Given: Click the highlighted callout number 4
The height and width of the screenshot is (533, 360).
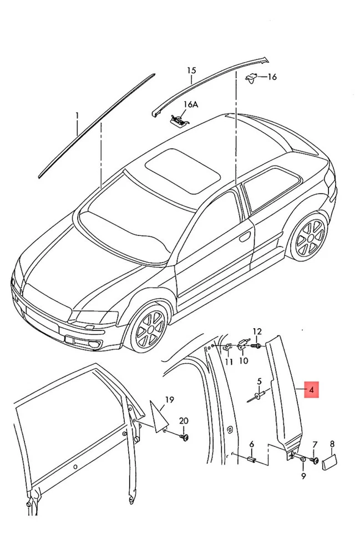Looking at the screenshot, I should point(312,391).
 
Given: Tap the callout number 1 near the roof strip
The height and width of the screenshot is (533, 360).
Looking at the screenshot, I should point(77,116).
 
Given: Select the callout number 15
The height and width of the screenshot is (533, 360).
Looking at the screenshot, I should point(191,71).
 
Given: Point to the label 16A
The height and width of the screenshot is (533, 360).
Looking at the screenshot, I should point(175,104).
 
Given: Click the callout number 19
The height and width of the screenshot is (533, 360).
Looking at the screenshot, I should point(169,399).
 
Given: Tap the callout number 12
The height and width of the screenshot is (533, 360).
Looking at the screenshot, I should point(257,331).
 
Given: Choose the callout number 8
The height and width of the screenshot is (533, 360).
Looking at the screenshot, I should point(332,443).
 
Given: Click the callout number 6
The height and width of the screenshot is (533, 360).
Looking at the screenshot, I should point(251,444).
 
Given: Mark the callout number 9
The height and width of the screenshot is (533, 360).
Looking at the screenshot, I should point(303,476).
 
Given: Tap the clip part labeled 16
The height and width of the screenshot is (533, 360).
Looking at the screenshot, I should point(252,78).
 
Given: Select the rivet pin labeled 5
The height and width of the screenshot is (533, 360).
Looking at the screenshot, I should point(258,396).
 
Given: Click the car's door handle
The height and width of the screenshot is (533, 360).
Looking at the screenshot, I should point(244,237).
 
